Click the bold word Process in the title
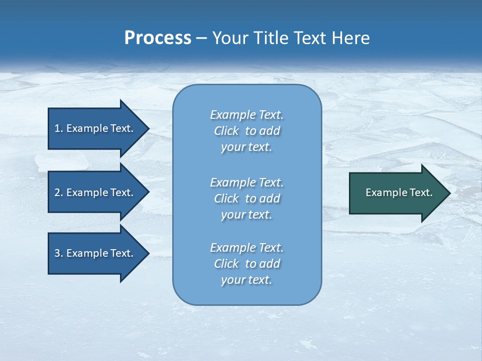pyautogui.click(x=158, y=38)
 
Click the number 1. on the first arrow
pyautogui.click(x=58, y=128)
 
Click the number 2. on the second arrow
pyautogui.click(x=58, y=193)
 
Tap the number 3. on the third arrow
pyautogui.click(x=58, y=253)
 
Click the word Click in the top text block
pyautogui.click(x=226, y=131)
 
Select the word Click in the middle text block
pyautogui.click(x=226, y=199)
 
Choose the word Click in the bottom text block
pyautogui.click(x=226, y=264)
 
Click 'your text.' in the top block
pyautogui.click(x=247, y=147)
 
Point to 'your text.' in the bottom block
pyautogui.click(x=247, y=280)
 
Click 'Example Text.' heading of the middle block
pyautogui.click(x=247, y=183)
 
